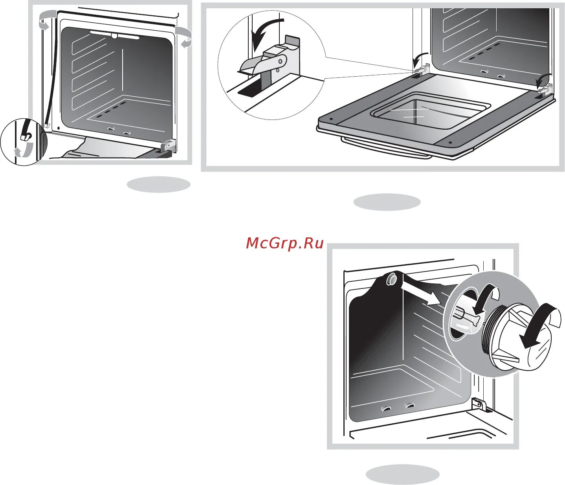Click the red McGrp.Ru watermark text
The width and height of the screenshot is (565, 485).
284,243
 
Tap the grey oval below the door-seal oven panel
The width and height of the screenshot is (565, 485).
158,184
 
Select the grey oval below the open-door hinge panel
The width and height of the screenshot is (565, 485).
387,202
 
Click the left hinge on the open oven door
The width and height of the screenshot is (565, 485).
419,69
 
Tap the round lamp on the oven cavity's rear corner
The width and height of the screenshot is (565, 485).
392,279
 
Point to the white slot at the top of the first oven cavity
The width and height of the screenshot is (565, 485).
114,35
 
